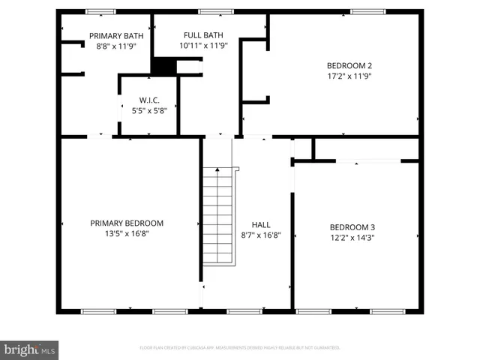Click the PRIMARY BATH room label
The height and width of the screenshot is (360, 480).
[x=116, y=35]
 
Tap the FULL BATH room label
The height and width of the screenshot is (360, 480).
[x=204, y=35]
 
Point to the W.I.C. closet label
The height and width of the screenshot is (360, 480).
[x=149, y=100]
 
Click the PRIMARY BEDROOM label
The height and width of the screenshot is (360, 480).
[x=127, y=223]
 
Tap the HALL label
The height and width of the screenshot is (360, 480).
[x=261, y=224]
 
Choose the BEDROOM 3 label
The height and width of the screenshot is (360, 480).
[x=352, y=227]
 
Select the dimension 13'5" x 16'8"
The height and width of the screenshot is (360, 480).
[x=127, y=233]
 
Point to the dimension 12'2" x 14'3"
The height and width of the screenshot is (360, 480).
[x=352, y=238]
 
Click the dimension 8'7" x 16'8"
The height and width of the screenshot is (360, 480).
[x=261, y=235]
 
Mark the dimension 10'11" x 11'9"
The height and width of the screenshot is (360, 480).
[x=204, y=45]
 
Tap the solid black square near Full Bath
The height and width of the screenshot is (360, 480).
[x=163, y=66]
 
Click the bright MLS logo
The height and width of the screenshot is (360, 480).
[x=30, y=349]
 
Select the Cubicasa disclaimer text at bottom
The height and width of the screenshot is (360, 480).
[x=240, y=348]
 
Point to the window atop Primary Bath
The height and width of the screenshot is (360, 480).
[x=100, y=11]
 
